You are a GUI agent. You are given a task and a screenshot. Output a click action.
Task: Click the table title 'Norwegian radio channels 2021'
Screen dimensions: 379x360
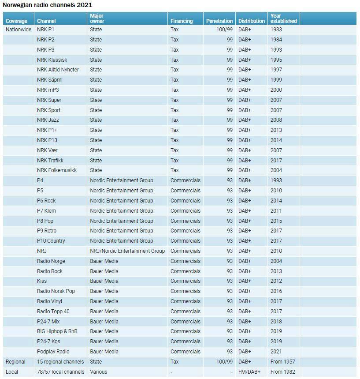(41, 5)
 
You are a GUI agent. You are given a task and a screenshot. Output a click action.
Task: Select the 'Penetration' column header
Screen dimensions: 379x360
(219, 21)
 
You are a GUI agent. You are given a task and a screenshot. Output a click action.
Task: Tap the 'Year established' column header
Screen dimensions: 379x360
(283, 18)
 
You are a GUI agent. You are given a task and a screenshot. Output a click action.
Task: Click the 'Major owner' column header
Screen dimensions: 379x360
(97, 18)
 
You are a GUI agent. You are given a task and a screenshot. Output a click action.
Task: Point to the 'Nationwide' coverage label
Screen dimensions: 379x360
(19, 30)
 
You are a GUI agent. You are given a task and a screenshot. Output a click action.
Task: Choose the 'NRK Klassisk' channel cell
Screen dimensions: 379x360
(52, 60)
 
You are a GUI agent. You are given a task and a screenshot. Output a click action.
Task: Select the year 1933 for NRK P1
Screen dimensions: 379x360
(276, 30)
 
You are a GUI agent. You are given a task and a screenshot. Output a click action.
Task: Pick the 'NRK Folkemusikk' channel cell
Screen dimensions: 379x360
(57, 170)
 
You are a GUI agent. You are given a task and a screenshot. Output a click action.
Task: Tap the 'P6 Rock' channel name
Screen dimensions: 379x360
(46, 201)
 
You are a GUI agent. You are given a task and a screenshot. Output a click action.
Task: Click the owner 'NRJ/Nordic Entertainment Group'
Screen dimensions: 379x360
(127, 251)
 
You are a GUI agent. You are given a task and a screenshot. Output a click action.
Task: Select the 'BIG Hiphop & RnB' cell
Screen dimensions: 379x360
(57, 331)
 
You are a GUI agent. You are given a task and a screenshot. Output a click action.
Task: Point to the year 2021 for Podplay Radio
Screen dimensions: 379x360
(276, 352)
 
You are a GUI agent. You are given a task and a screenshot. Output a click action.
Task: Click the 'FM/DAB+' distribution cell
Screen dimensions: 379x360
(249, 372)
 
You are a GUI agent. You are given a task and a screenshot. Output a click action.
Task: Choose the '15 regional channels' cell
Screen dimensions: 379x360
(60, 362)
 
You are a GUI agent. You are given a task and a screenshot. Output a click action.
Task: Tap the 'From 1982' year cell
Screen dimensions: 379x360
(283, 372)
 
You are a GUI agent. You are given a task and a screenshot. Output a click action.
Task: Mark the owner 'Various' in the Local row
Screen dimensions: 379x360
(99, 372)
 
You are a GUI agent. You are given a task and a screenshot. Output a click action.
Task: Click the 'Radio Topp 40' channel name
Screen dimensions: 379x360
(53, 311)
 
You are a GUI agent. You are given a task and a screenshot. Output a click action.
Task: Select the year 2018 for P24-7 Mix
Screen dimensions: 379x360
(276, 322)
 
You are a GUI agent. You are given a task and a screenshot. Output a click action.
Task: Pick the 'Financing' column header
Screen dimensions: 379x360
(182, 21)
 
